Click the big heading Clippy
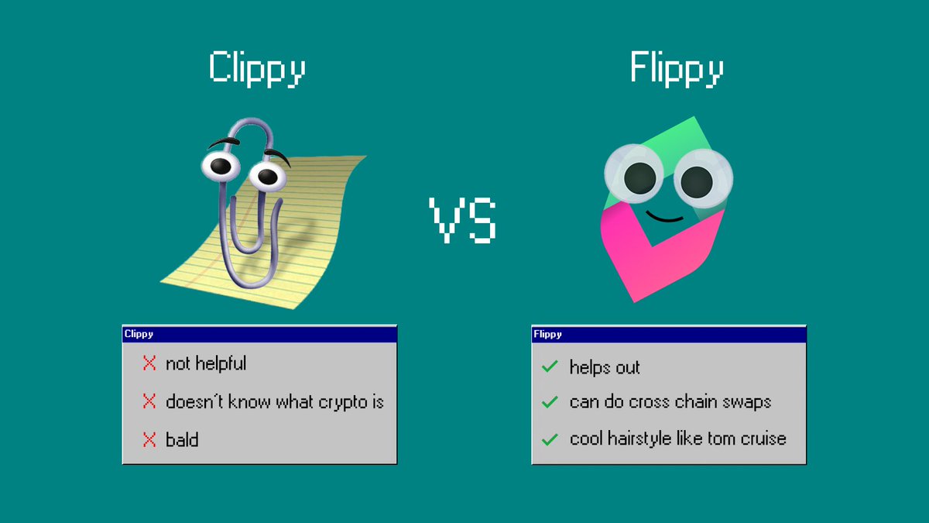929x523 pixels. point(257,68)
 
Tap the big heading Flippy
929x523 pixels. point(677,68)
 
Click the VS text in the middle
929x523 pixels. point(463,220)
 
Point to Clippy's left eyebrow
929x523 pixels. point(222,142)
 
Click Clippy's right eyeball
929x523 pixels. point(268,176)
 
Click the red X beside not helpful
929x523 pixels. point(149,363)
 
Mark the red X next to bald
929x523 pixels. point(149,440)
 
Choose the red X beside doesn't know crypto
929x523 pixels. point(149,401)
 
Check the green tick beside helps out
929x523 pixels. point(550,366)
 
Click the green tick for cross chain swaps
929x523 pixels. point(550,402)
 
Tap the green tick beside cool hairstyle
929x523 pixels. point(550,439)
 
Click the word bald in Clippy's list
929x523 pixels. point(182,440)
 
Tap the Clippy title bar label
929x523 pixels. point(139,334)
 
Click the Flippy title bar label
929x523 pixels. point(548,334)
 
